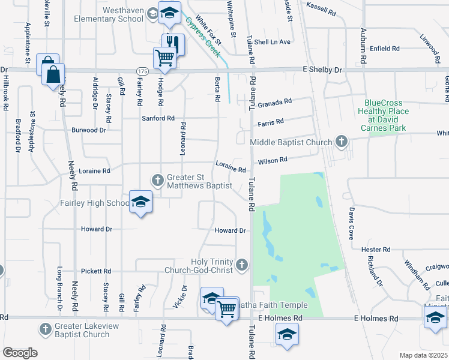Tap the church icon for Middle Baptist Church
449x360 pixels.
[x=341, y=142]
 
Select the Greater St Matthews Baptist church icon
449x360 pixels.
[x=158, y=179]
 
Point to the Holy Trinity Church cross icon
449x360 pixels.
[x=241, y=265]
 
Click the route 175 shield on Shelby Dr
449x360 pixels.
[x=142, y=71]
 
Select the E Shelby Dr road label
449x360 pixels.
[x=321, y=70]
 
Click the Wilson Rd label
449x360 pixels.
[x=273, y=160]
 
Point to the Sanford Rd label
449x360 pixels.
[x=158, y=118]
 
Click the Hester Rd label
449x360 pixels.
[x=376, y=249]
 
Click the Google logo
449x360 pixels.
[x=20, y=352]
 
